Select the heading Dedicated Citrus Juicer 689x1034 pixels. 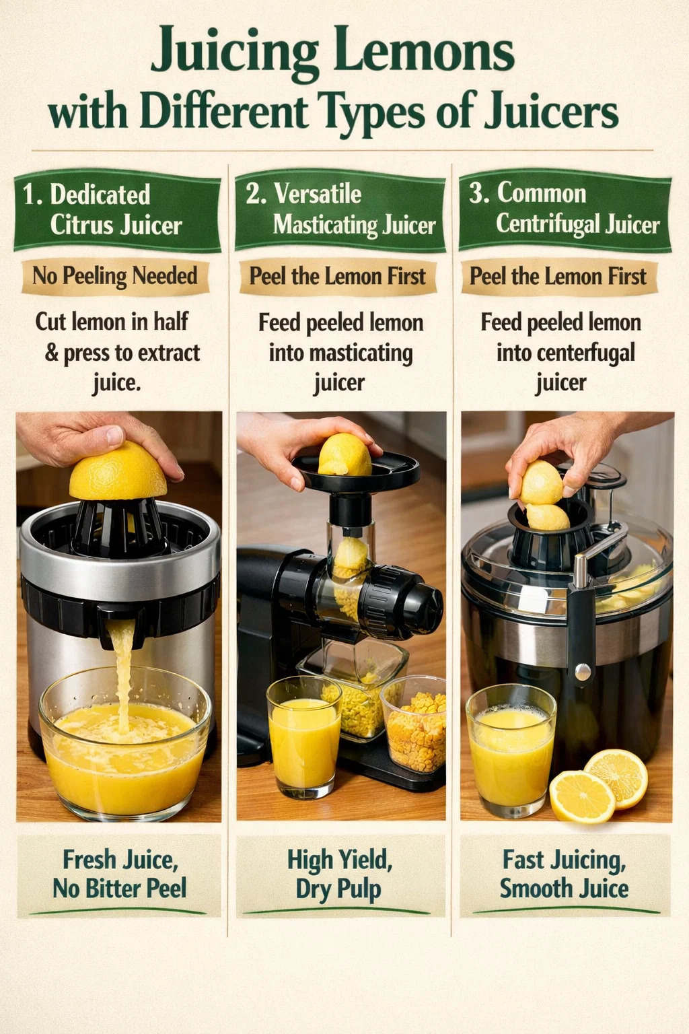click(x=102, y=209)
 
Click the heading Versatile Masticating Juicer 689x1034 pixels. click(x=340, y=209)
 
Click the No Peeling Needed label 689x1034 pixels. click(x=115, y=276)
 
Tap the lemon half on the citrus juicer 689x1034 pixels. click(x=118, y=471)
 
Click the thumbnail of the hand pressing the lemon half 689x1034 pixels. click(x=119, y=616)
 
